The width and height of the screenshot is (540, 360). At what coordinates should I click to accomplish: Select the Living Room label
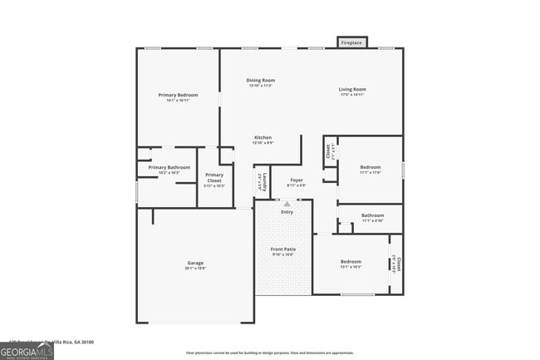tap(352, 91)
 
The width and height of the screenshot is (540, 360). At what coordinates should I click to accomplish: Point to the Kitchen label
tap(263, 140)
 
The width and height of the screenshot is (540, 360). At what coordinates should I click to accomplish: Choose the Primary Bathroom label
tap(169, 170)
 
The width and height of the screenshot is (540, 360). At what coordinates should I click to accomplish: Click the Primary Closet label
tap(214, 177)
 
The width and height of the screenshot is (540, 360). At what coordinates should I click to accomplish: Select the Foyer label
tap(297, 181)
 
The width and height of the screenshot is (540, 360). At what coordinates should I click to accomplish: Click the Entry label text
tap(287, 212)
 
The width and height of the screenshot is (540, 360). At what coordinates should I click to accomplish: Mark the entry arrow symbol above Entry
tap(287, 203)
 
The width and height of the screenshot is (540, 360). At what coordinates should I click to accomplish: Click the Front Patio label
tap(283, 251)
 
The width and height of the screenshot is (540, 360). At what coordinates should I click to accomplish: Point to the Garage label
tap(195, 265)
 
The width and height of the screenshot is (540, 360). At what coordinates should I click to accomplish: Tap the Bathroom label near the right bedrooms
tap(372, 218)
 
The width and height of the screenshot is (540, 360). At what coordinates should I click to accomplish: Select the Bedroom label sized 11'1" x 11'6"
tap(370, 170)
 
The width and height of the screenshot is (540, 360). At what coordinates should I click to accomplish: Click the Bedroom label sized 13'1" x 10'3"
tap(351, 264)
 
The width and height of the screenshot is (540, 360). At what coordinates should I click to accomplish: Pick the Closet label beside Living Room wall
tap(329, 151)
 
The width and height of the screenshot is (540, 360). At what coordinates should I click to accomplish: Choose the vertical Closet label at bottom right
tap(396, 264)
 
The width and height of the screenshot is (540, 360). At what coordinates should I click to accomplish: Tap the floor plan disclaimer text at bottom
tap(269, 353)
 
